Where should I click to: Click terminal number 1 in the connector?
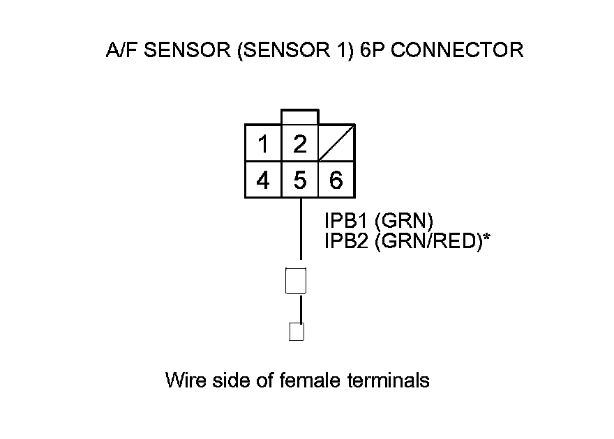pyautogui.click(x=263, y=144)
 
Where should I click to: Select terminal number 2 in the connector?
pyautogui.click(x=300, y=144)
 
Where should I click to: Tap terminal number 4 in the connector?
pyautogui.click(x=263, y=180)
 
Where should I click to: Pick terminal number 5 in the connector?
pyautogui.click(x=300, y=180)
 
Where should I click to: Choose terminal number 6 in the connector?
pyautogui.click(x=336, y=180)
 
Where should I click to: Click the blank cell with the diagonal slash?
pyautogui.click(x=336, y=144)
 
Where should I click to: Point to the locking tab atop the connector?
pyautogui.click(x=300, y=117)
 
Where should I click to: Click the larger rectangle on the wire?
pyautogui.click(x=297, y=281)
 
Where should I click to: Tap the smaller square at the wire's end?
pyautogui.click(x=297, y=332)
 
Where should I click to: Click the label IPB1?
pyautogui.click(x=346, y=222)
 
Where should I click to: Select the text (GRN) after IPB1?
pyautogui.click(x=404, y=222)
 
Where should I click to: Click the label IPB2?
pyautogui.click(x=346, y=241)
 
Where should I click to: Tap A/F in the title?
pyautogui.click(x=118, y=51)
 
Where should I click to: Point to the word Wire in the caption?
pyautogui.click(x=184, y=380)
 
